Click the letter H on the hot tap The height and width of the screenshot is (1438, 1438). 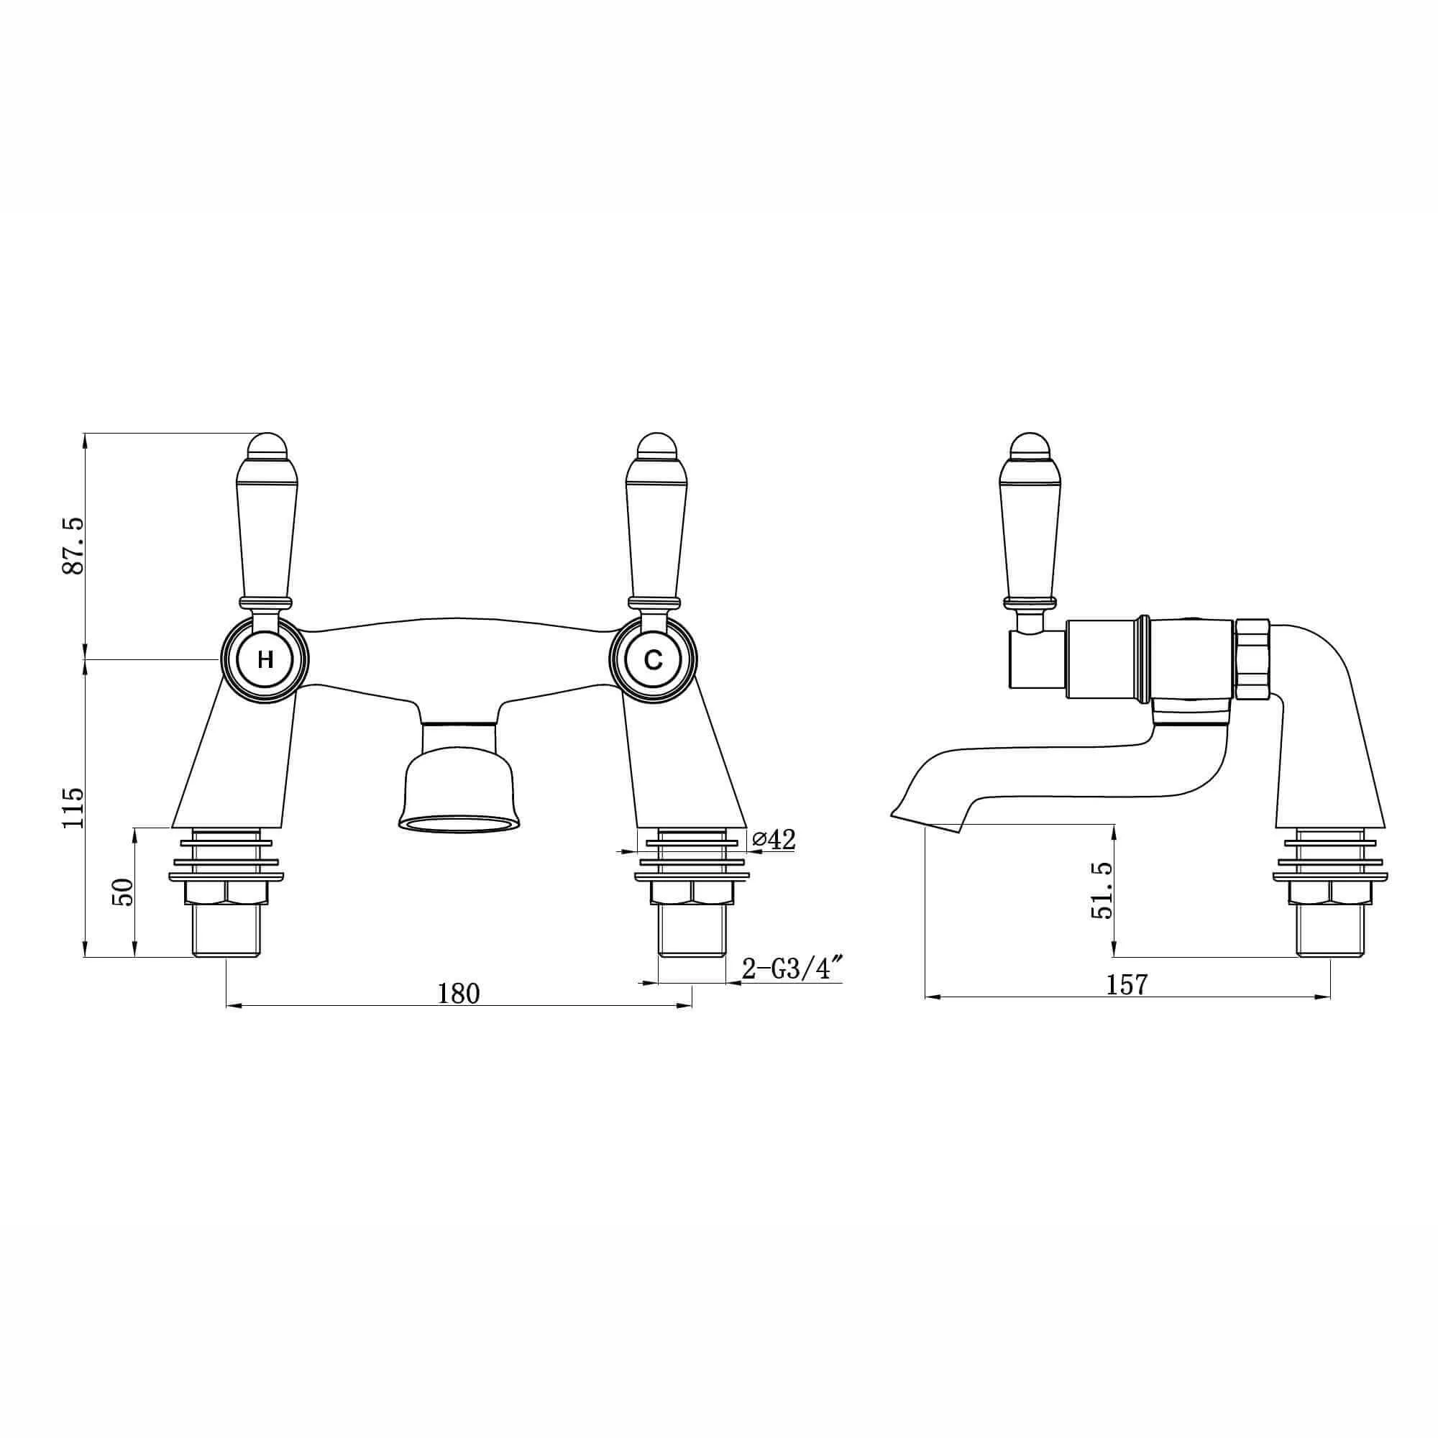click(265, 659)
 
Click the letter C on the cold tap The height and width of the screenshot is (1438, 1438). click(653, 659)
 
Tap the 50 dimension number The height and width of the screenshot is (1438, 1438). click(123, 892)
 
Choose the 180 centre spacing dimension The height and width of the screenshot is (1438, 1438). click(459, 993)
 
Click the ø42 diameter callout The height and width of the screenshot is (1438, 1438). click(774, 839)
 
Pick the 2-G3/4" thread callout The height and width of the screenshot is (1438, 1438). click(792, 969)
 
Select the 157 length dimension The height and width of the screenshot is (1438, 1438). click(1127, 984)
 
